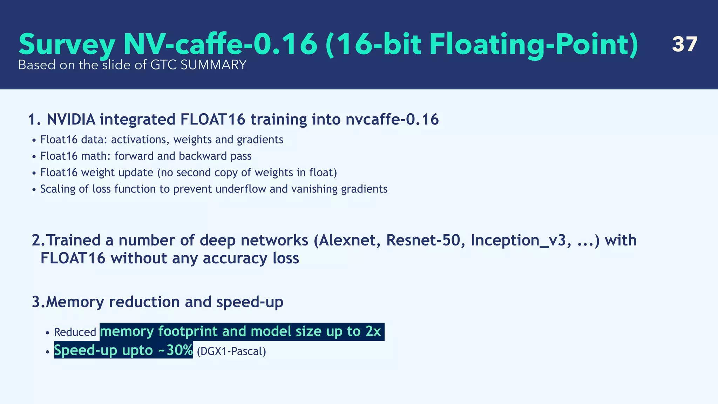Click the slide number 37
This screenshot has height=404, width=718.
pyautogui.click(x=684, y=45)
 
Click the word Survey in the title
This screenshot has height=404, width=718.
pyautogui.click(x=67, y=45)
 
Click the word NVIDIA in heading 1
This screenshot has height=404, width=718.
pyautogui.click(x=71, y=120)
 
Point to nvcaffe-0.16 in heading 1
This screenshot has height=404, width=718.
pyautogui.click(x=392, y=120)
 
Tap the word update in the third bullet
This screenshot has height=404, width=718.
pyautogui.click(x=136, y=173)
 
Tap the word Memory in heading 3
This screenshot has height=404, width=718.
pyautogui.click(x=75, y=302)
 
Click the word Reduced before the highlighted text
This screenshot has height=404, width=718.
pyautogui.click(x=75, y=332)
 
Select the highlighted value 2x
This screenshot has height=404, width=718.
pyautogui.click(x=373, y=331)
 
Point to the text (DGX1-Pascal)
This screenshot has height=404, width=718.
pyautogui.click(x=231, y=351)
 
